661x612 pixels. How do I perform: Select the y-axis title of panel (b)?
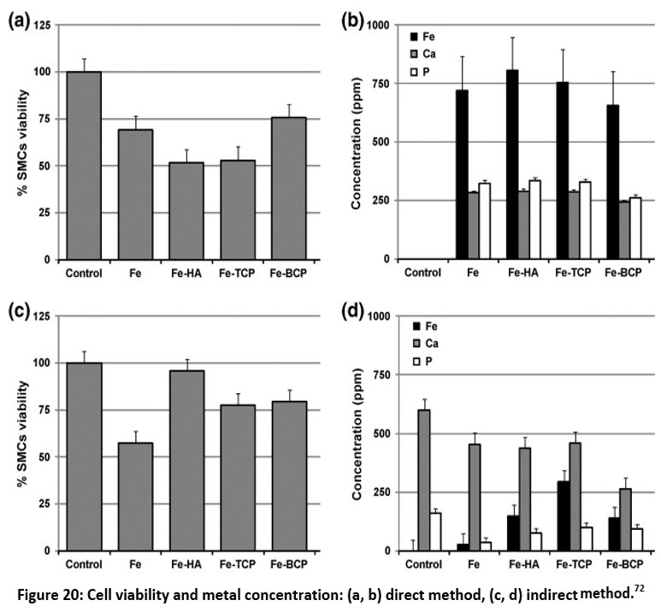[x=359, y=143]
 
